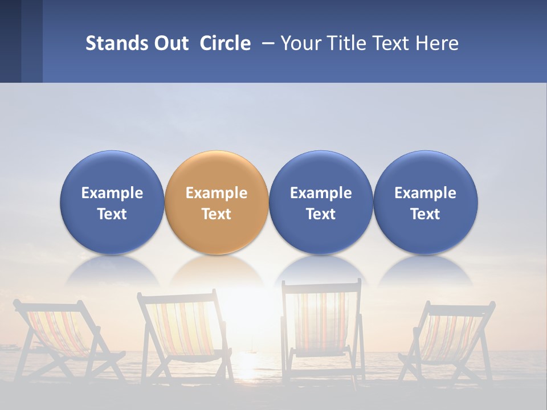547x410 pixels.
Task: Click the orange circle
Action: pyautogui.click(x=217, y=202)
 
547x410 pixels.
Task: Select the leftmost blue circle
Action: pyautogui.click(x=112, y=202)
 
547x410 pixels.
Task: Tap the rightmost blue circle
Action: pyautogui.click(x=426, y=202)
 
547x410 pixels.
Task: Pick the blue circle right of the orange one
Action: pyautogui.click(x=321, y=202)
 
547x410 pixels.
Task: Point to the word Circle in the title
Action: pyautogui.click(x=225, y=43)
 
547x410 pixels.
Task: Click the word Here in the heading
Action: pyautogui.click(x=436, y=43)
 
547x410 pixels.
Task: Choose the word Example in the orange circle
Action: pyautogui.click(x=217, y=193)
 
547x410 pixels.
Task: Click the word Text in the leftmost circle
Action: pyautogui.click(x=112, y=214)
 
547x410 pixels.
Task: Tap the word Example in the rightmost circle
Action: pyautogui.click(x=426, y=193)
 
